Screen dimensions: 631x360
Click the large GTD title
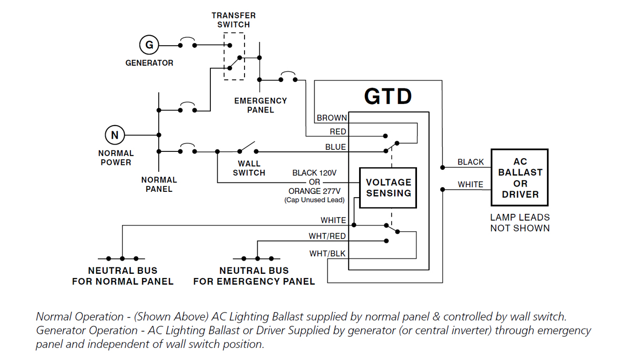pos(388,96)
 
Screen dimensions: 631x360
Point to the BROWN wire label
pos(332,118)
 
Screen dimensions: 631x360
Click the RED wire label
pos(338,131)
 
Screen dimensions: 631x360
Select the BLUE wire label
pos(335,147)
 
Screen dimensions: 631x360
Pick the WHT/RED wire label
pos(327,236)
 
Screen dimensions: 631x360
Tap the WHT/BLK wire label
pos(327,254)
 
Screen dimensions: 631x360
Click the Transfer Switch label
pos(233,20)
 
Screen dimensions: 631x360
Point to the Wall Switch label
pos(249,168)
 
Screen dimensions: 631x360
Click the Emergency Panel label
pos(261,105)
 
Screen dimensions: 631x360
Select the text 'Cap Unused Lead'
pos(314,200)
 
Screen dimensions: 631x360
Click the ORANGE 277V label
pos(314,191)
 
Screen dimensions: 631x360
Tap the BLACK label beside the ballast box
pos(471,162)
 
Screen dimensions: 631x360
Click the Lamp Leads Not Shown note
pos(520,223)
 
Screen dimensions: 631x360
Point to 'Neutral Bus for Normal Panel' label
pos(123,276)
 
